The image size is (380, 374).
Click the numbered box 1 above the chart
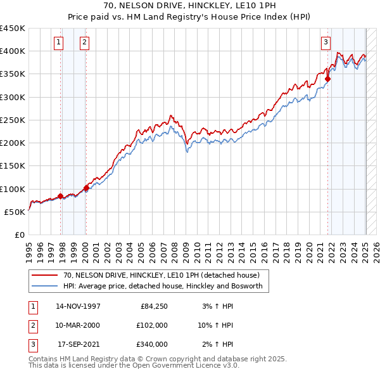pyautogui.click(x=58, y=42)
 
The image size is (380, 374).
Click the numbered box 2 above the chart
pyautogui.click(x=84, y=42)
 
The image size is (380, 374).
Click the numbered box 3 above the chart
pyautogui.click(x=326, y=42)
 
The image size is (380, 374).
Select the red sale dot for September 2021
pyautogui.click(x=328, y=79)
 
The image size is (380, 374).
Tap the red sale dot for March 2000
pyautogui.click(x=86, y=188)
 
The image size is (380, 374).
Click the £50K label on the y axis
pyautogui.click(x=16, y=212)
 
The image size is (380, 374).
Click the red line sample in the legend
pyautogui.click(x=46, y=275)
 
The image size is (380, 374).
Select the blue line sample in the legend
pyautogui.click(x=46, y=286)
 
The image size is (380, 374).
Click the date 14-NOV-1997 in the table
pyautogui.click(x=78, y=306)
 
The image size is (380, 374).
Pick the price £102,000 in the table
pyautogui.click(x=153, y=325)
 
